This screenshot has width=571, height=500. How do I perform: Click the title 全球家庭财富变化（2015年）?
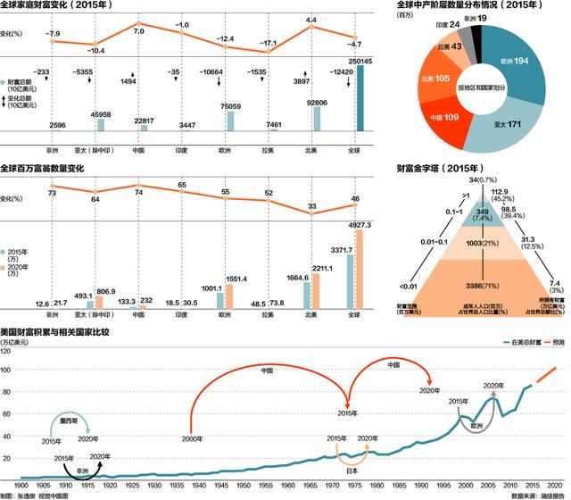click(x=62, y=7)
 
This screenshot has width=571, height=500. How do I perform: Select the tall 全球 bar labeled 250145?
click(x=360, y=98)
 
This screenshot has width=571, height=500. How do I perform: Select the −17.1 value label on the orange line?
click(x=269, y=43)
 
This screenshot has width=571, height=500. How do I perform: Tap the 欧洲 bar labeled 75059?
click(x=228, y=120)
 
